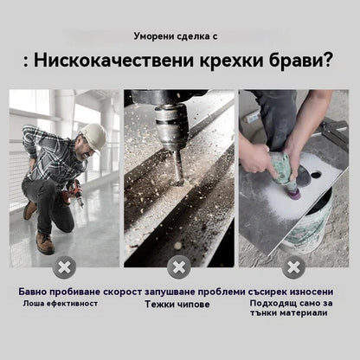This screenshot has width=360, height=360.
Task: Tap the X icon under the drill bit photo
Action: (179, 267)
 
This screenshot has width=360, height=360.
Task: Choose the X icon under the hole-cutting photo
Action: (292, 267)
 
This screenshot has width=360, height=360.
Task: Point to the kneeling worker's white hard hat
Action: (93, 136)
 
